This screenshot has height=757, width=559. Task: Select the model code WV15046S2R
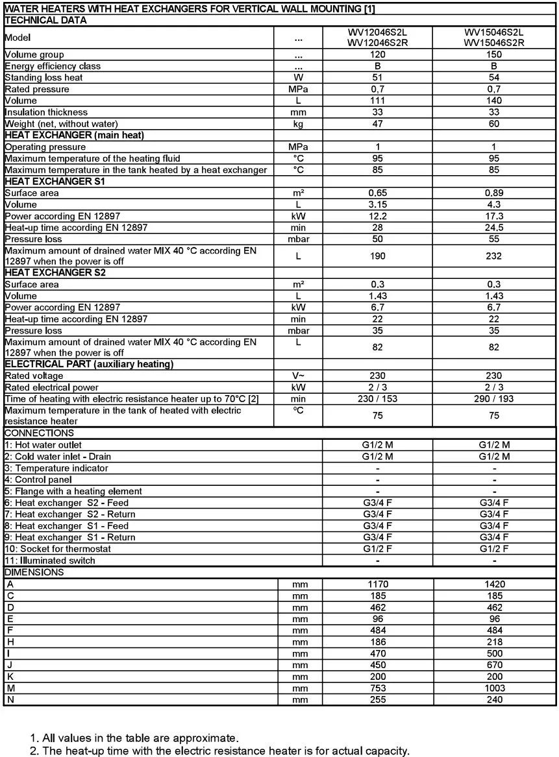[x=494, y=43]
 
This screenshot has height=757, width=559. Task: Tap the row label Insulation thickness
[x=46, y=112]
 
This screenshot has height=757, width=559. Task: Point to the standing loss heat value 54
[x=494, y=78]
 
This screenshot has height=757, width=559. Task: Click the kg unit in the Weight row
[x=298, y=124]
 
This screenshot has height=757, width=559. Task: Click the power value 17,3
[x=494, y=216]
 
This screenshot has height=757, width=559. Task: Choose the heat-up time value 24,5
[x=494, y=228]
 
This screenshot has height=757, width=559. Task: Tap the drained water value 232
[x=494, y=256]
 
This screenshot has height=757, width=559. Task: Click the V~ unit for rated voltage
[x=298, y=376]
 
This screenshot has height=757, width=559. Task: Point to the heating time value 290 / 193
[x=494, y=399]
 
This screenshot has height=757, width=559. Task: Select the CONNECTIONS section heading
[x=40, y=433]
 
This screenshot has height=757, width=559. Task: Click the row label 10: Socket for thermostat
[x=58, y=549]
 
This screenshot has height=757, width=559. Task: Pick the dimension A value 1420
[x=494, y=584]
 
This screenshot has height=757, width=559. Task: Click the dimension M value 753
[x=377, y=688]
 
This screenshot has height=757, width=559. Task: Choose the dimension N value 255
[x=377, y=700]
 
